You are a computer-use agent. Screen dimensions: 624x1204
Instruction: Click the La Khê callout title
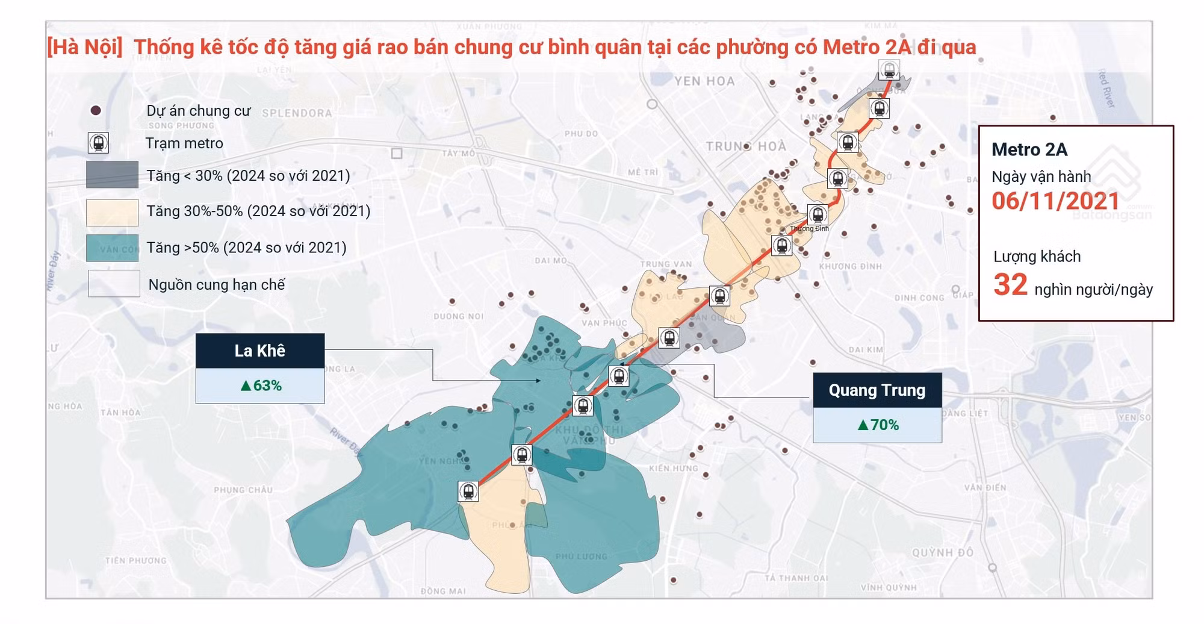pos(260,351)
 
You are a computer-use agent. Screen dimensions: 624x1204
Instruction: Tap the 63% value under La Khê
pos(261,385)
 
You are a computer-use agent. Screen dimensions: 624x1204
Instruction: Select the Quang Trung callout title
pos(877,390)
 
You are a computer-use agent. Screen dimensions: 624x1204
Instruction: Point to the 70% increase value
pos(878,425)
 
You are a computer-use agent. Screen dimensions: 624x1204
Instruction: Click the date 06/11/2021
pos(1055,201)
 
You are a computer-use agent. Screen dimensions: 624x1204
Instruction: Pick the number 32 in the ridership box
pos(1010,285)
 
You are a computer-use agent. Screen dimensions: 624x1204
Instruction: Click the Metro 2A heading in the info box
pos(1029,149)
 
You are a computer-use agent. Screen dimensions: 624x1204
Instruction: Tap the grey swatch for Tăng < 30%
pos(112,175)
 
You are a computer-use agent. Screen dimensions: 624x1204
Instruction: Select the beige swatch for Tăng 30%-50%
pos(112,212)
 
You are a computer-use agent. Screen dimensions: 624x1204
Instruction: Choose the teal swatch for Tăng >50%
pos(112,248)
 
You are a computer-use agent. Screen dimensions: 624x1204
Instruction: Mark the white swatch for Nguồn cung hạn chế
pos(114,284)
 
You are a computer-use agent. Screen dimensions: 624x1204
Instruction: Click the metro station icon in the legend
pos(98,143)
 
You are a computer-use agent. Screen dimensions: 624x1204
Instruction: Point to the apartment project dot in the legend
pos(95,111)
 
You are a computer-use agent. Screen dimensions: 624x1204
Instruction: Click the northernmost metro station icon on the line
pos(889,70)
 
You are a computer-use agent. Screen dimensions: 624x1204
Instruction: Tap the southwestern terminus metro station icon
pos(468,491)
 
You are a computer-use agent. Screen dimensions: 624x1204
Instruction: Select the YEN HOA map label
pos(704,81)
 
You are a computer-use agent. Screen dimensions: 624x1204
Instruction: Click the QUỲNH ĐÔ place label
pos(942,552)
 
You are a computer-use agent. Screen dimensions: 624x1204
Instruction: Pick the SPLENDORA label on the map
pos(297,113)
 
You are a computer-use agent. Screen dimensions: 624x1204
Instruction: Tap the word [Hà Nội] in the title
pos(85,47)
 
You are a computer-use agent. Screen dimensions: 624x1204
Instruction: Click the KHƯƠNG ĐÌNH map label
pos(850,266)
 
